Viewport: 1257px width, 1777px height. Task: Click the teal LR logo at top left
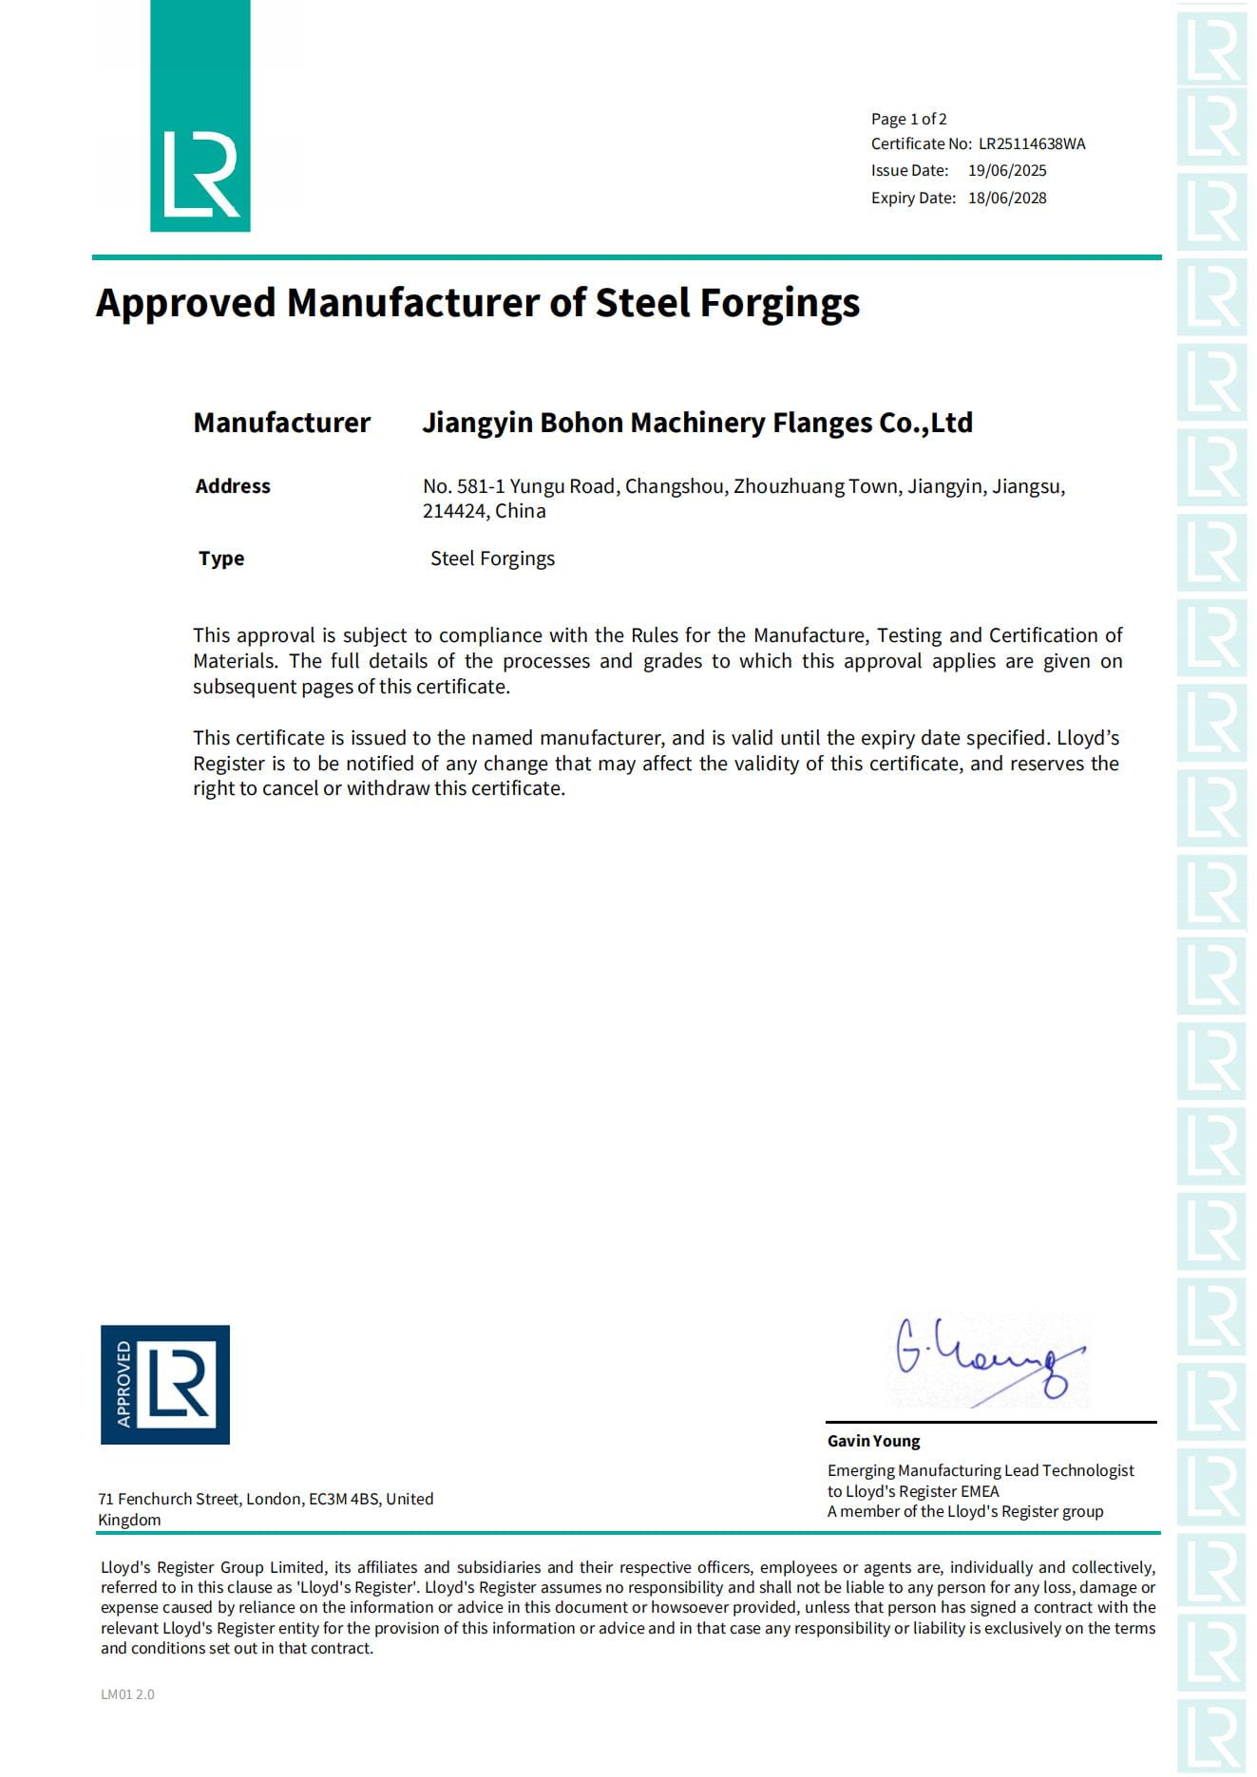[200, 117]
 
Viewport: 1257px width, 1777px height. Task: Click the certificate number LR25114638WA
[1032, 144]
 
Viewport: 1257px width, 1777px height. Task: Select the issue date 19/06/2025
[1007, 171]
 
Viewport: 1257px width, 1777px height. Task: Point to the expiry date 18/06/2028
[1007, 198]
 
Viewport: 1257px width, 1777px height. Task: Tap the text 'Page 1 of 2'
[908, 119]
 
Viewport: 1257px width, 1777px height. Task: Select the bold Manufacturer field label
[281, 423]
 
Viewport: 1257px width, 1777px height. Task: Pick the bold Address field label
[233, 486]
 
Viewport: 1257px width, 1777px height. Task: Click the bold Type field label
[221, 558]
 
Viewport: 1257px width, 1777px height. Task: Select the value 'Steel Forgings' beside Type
[492, 558]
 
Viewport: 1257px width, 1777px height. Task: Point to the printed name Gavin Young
[873, 1441]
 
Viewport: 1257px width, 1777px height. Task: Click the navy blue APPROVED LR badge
[165, 1384]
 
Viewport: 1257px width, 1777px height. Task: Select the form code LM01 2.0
[127, 1693]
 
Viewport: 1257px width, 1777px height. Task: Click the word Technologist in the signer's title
[1088, 1470]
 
